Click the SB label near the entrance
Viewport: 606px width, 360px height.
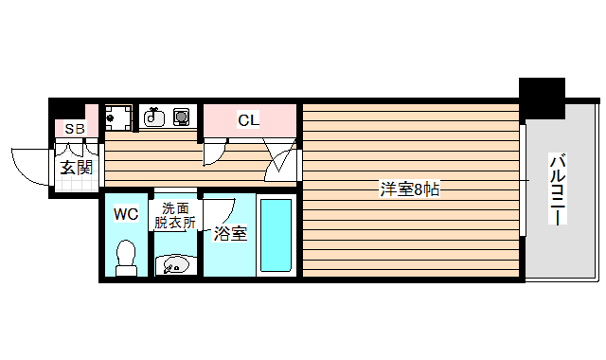[x=75, y=129]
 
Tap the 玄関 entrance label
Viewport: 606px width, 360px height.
[x=77, y=168]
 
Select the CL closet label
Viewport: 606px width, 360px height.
[x=248, y=120]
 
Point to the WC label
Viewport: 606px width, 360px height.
[x=126, y=214]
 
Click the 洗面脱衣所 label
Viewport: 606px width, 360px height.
[x=175, y=216]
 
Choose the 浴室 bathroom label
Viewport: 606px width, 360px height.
[x=230, y=233]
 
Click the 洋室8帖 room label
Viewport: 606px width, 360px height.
[x=409, y=189]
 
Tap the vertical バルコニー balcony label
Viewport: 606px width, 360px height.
[x=559, y=189]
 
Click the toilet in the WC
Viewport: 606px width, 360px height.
[x=125, y=257]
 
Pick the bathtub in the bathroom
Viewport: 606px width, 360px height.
[x=276, y=237]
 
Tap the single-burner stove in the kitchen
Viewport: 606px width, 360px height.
[x=180, y=117]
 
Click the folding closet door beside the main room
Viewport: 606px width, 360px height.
[x=282, y=158]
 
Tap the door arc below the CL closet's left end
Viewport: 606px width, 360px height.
[x=214, y=151]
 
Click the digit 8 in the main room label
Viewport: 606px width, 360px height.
[x=418, y=189]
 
